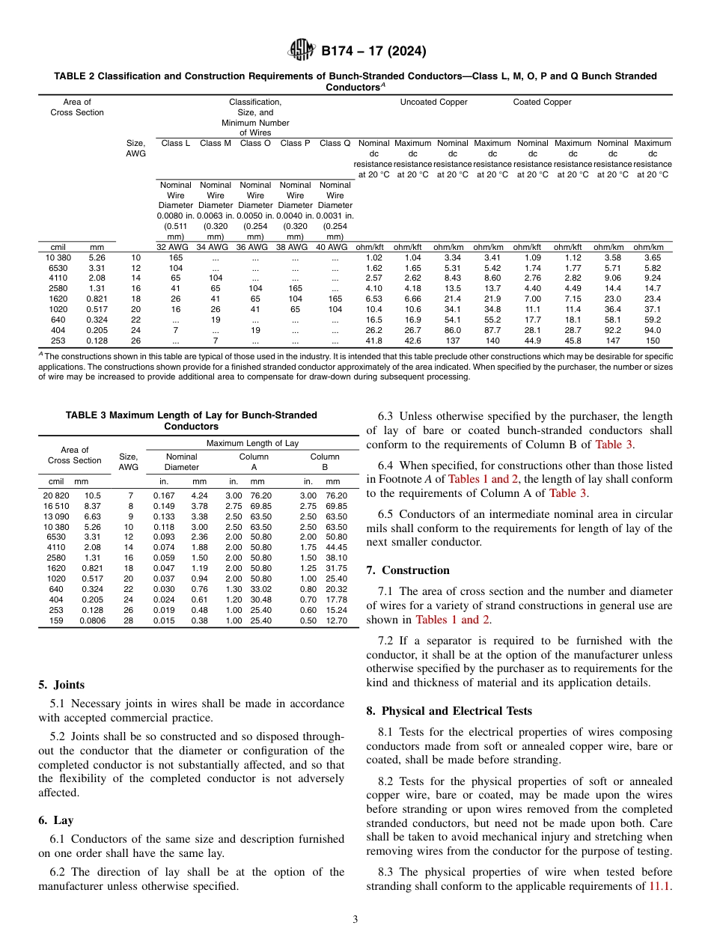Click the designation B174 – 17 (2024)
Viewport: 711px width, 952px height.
tap(373, 52)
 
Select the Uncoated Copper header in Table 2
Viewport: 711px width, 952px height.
tap(433, 102)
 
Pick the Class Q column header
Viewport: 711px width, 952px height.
tap(335, 143)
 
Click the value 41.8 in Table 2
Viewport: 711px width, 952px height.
tap(373, 341)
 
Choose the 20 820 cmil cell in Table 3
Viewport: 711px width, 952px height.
tap(56, 495)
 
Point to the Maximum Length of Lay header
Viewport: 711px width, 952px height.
tap(251, 444)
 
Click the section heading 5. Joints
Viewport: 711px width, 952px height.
tap(61, 685)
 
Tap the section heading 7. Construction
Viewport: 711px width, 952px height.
tap(408, 570)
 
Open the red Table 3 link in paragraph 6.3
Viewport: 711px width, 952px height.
tap(613, 445)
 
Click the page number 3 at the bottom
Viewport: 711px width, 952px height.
tap(355, 920)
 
